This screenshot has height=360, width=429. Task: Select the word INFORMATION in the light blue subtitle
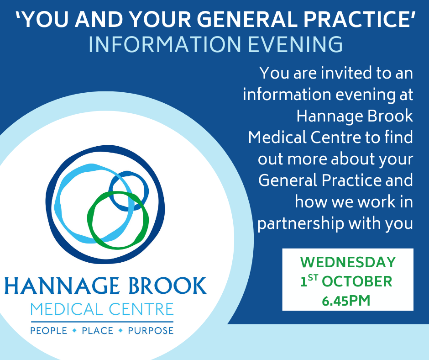pyautogui.click(x=165, y=44)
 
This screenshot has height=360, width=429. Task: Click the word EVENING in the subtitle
pyautogui.click(x=295, y=44)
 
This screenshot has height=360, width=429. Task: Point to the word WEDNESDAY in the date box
pyautogui.click(x=348, y=262)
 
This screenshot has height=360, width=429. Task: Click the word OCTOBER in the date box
pyautogui.click(x=357, y=281)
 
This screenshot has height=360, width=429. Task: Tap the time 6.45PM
pyautogui.click(x=346, y=301)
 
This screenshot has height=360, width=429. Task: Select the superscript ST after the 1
pyautogui.click(x=313, y=278)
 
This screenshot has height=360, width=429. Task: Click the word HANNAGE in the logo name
pyautogui.click(x=62, y=286)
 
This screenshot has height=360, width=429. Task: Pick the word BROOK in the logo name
pyautogui.click(x=167, y=286)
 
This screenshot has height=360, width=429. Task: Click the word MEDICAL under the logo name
pyautogui.click(x=66, y=309)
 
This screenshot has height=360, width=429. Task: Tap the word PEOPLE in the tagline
pyautogui.click(x=49, y=331)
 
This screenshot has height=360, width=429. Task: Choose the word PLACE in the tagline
pyautogui.click(x=97, y=331)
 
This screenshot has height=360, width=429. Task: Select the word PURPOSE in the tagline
pyautogui.click(x=151, y=331)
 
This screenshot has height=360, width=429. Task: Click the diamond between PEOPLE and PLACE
pyautogui.click(x=74, y=331)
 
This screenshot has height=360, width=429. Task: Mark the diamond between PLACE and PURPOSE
pyautogui.click(x=120, y=331)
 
